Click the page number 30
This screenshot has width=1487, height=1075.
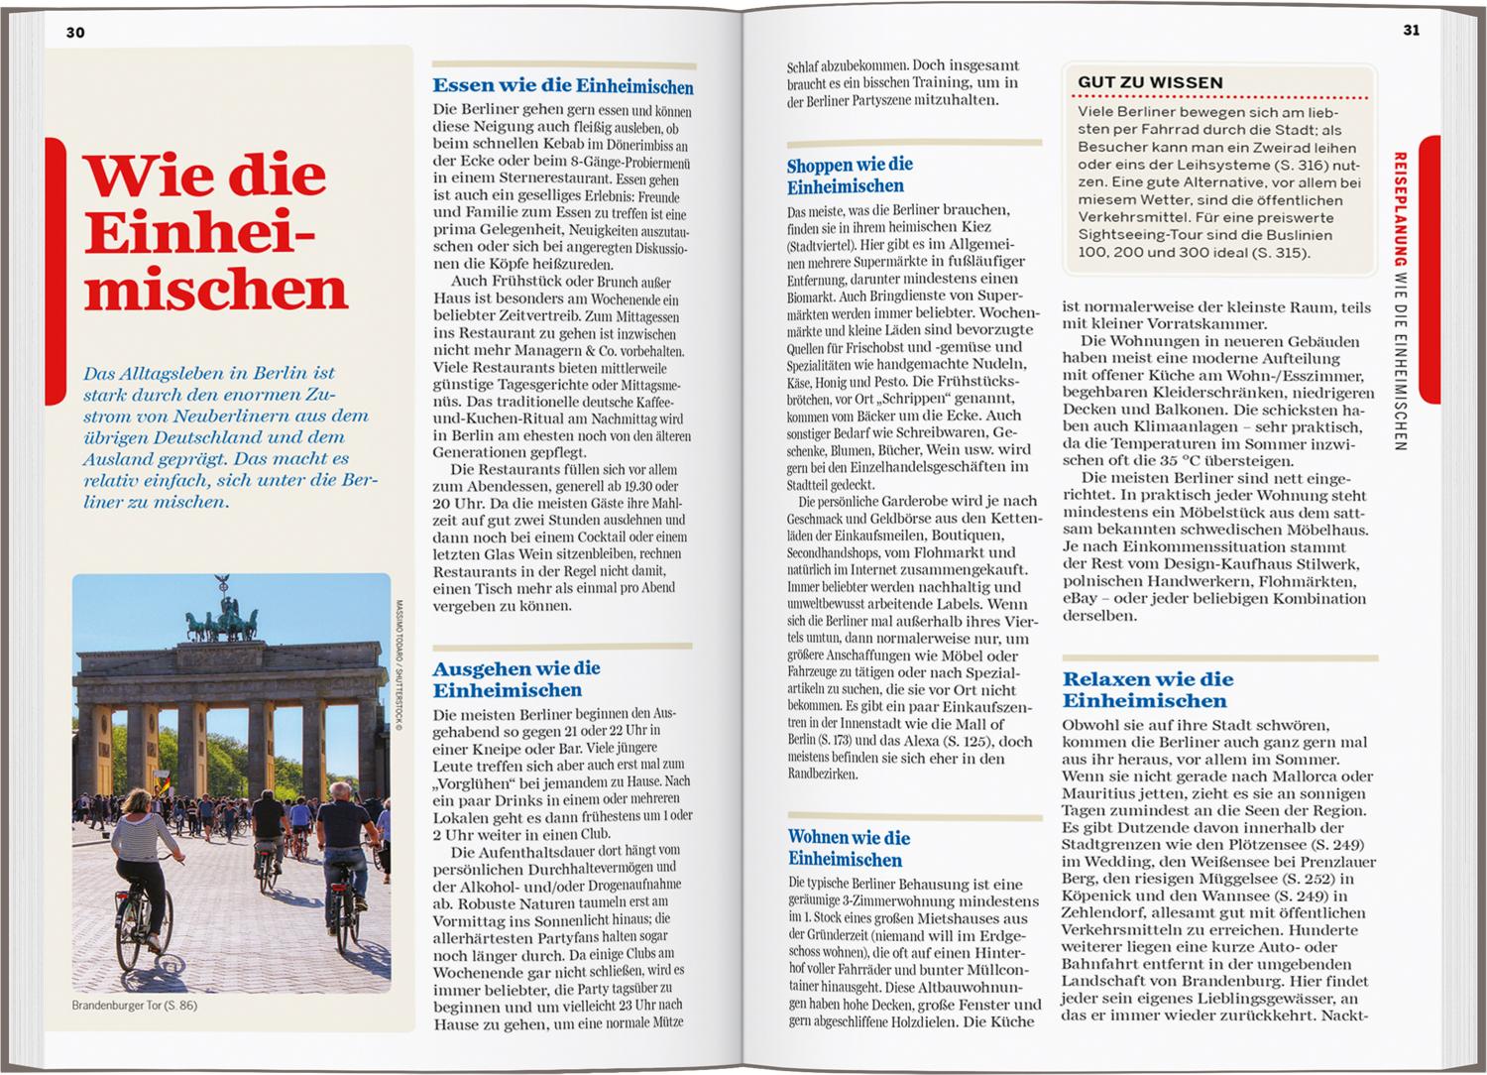point(75,32)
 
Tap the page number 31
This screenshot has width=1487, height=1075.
point(1412,30)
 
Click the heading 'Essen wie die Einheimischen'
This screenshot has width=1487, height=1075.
point(562,86)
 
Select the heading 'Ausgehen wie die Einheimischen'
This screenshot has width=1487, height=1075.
point(515,679)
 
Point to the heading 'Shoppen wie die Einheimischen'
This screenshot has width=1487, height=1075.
point(850,176)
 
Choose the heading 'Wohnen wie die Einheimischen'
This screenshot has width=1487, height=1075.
point(849,848)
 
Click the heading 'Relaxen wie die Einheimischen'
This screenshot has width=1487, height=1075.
point(1147,689)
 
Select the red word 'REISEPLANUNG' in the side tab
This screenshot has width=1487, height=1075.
point(1400,208)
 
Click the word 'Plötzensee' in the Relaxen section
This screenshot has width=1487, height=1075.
point(1243,845)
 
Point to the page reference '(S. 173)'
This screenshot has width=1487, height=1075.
point(837,741)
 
